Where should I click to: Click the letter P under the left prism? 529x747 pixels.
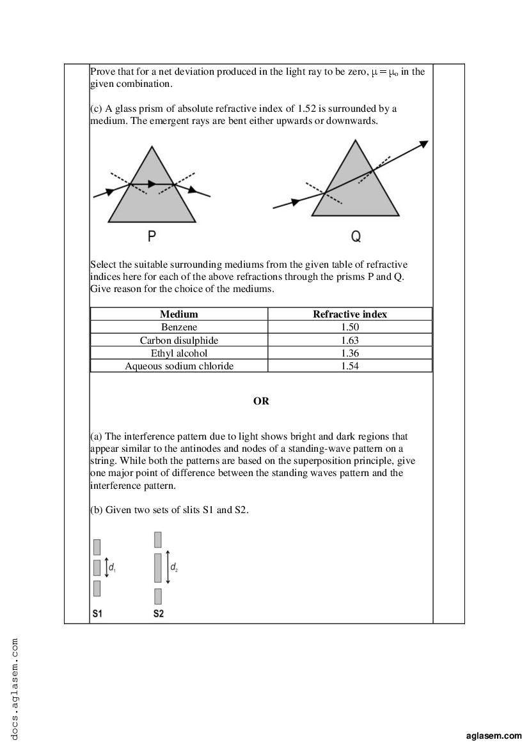coord(152,236)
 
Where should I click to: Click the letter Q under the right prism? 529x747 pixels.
coord(356,237)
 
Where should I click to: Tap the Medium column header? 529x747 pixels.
coord(179,314)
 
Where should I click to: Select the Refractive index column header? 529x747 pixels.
coord(350,314)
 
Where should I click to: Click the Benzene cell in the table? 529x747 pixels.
coord(179,327)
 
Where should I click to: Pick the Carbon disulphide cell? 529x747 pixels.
coord(179,340)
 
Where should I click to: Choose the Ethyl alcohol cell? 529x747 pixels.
coord(179,353)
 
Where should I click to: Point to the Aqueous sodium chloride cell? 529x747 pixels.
coord(179,366)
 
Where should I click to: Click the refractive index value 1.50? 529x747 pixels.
coord(350,327)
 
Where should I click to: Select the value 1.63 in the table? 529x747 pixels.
coord(350,340)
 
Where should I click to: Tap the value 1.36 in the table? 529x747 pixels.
coord(350,353)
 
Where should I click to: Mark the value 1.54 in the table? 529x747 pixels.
coord(350,366)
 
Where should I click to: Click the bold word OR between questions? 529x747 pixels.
coord(261,401)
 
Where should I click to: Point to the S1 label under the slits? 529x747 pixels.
coord(97,613)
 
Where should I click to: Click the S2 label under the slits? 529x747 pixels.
coord(159,613)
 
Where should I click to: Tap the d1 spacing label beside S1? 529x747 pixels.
coord(112,567)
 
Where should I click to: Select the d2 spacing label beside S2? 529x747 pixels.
coord(174,567)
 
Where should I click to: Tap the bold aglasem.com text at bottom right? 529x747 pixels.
coord(494,736)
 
